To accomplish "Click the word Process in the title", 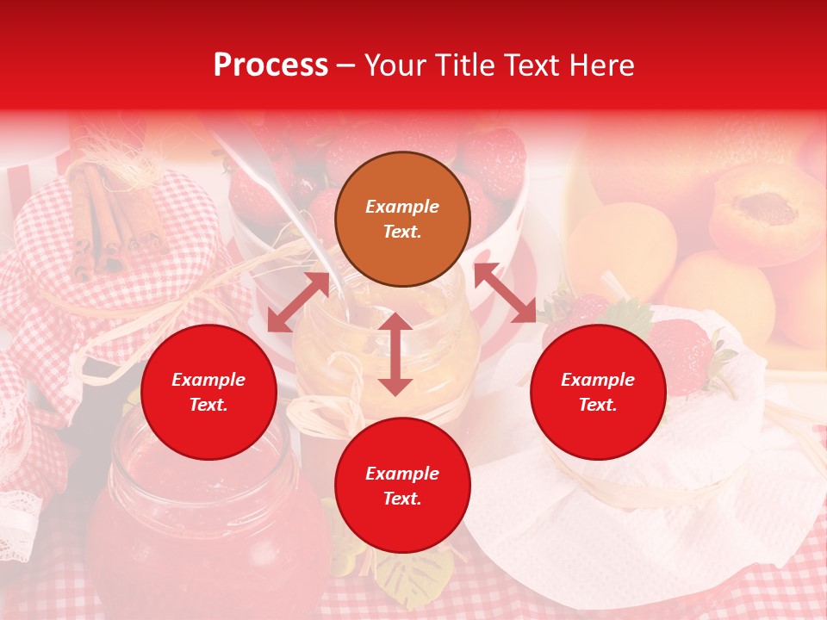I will point(270,65).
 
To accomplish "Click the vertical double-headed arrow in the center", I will point(395,354).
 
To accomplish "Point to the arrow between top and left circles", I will point(298,302).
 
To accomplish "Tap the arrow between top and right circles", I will point(505,293).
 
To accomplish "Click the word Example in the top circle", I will point(402,207).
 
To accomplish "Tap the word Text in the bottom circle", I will point(402,499).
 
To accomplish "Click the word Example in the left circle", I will point(208,380).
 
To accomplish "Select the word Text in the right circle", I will point(598,405).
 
